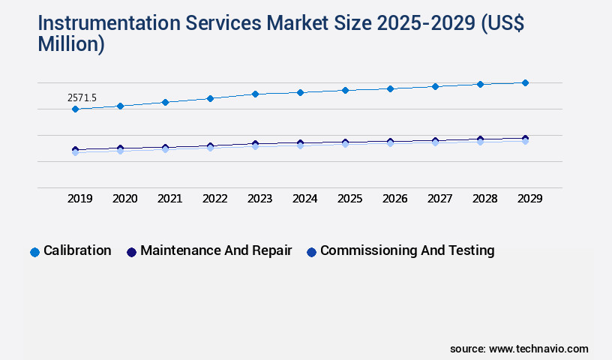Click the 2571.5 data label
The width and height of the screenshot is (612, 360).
point(82,97)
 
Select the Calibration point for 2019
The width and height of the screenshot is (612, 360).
point(75,109)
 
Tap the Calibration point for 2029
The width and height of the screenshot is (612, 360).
point(525,82)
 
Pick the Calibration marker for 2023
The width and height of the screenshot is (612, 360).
point(255,94)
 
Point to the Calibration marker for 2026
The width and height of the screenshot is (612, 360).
point(390,88)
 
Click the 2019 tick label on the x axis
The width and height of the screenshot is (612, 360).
point(80,199)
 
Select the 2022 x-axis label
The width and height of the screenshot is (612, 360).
point(215,199)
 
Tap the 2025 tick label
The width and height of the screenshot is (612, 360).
point(350,199)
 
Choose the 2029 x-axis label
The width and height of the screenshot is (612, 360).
point(529,199)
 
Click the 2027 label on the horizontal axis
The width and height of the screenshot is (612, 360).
point(440,199)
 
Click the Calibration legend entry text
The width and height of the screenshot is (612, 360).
point(77,250)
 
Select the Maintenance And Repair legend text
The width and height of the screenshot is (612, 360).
point(216,250)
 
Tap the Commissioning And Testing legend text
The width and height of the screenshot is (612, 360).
point(407,250)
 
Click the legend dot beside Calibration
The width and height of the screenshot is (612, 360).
point(34,252)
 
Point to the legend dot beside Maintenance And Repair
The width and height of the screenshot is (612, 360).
point(131,252)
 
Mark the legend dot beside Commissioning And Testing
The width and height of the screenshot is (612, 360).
point(311,252)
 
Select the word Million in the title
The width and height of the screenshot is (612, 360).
point(71,44)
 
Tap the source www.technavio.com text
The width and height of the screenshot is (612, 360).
point(519,349)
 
